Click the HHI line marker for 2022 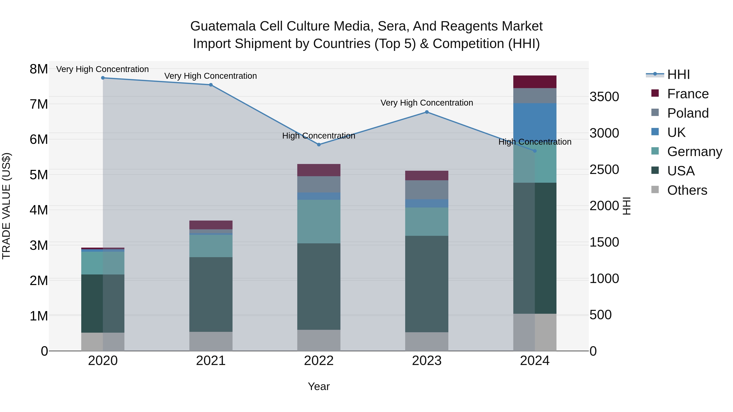point(319,144)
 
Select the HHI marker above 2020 point(103,78)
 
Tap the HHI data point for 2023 point(427,112)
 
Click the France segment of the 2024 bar point(535,82)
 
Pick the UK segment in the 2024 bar point(535,122)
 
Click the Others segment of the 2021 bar point(211,341)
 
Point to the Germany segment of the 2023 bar point(427,222)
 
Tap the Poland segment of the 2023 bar point(427,190)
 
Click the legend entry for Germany point(694,152)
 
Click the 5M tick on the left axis point(39,175)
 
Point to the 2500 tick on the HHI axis point(604,169)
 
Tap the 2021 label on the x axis point(211,361)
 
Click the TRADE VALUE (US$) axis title point(6,206)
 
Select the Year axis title point(319,386)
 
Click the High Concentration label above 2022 point(319,136)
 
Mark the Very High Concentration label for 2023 point(427,103)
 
